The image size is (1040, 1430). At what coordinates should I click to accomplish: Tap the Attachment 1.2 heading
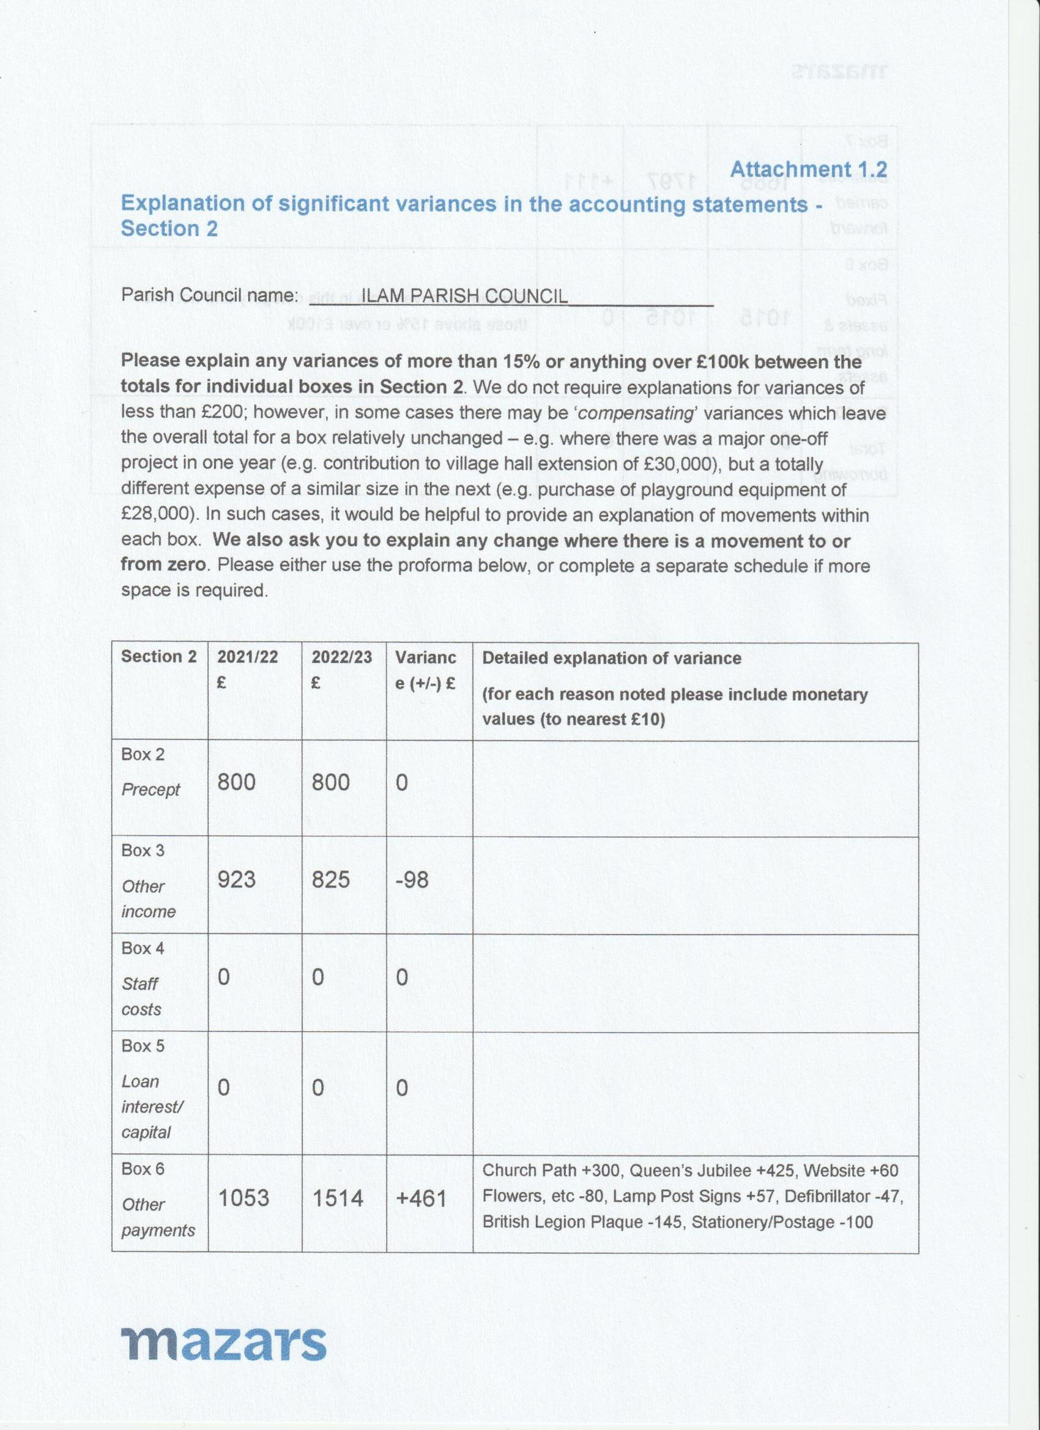(809, 169)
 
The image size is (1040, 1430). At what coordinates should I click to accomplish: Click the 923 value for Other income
(237, 880)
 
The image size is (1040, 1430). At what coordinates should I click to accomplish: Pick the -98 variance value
(412, 880)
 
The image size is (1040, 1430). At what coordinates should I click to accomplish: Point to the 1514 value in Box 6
(338, 1198)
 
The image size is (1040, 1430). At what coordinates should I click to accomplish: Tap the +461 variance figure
(421, 1198)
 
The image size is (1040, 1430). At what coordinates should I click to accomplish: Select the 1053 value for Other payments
(243, 1198)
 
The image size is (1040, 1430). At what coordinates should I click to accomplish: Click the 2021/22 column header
(247, 657)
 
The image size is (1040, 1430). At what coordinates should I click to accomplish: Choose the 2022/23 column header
(341, 657)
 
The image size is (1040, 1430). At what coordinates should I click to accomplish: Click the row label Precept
(150, 790)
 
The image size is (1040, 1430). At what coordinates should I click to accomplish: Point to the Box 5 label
(143, 1046)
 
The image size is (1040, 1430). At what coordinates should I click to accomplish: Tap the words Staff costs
(141, 996)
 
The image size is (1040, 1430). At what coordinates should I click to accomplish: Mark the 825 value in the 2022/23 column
(330, 880)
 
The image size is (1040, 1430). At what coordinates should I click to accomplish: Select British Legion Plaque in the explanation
(572, 1223)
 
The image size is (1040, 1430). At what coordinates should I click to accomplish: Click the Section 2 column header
(159, 656)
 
